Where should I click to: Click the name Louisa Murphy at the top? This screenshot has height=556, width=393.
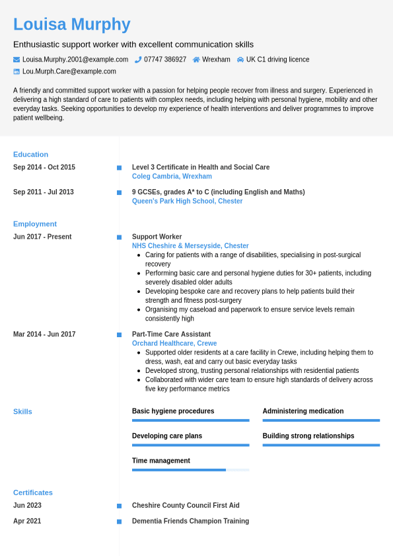pos(71,24)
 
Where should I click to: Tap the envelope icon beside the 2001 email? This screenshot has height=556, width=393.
pos(17,60)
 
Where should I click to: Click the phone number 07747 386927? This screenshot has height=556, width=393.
pos(165,60)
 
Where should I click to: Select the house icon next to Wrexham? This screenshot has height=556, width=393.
pos(196,60)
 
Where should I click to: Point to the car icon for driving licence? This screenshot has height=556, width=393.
pos(240,60)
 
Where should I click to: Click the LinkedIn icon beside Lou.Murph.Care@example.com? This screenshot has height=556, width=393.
pos(17,71)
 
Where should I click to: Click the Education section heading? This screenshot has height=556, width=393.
pos(30,155)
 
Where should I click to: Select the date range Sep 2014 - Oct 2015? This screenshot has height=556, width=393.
pos(44,167)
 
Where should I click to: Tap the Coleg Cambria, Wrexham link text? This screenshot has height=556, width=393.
pos(172,177)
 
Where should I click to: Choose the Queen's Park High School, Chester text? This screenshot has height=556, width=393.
pos(187,201)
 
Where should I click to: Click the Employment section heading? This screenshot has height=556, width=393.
pos(35,224)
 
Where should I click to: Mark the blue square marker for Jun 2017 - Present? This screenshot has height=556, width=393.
pos(119,237)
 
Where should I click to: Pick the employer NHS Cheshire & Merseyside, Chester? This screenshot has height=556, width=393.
pos(190,246)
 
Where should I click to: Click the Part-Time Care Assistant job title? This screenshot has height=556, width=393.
pos(171,335)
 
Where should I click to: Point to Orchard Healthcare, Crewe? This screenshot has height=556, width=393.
pos(174,344)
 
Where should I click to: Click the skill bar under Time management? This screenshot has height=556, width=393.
pos(190,470)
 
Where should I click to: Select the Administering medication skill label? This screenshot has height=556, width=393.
pos(303,411)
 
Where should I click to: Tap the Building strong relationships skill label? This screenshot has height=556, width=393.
pos(308,436)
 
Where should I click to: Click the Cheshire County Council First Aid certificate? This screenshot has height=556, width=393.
pos(186,506)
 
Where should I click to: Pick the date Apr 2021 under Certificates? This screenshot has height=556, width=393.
pos(27,522)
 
